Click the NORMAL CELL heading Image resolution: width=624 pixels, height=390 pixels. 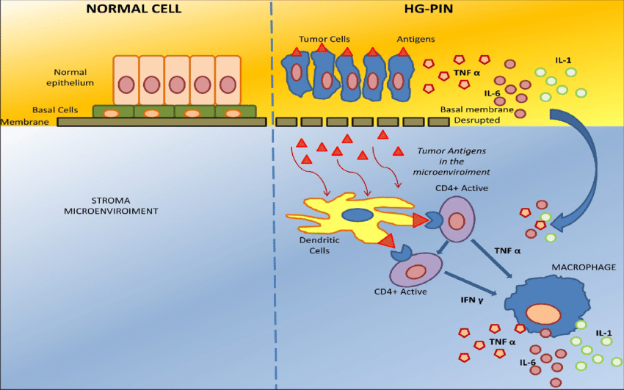(134, 10)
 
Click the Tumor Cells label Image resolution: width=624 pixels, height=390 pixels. (323, 38)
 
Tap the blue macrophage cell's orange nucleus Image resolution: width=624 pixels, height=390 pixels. (544, 312)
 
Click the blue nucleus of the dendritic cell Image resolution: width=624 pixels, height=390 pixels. (358, 214)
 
